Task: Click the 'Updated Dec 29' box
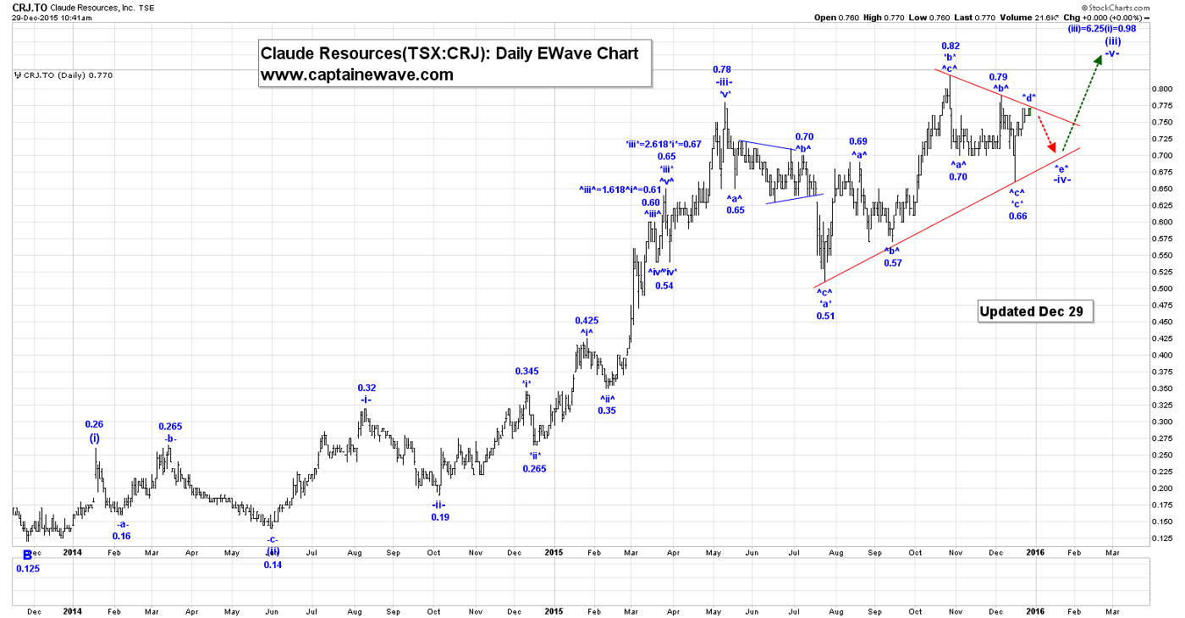1035,312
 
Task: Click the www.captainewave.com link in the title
356,74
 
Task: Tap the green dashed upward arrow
1083,102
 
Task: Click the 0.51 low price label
825,316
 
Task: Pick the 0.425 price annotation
587,321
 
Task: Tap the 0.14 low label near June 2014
272,565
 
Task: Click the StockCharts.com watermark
1144,8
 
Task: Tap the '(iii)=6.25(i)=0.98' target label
1100,28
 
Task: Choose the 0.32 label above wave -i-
367,388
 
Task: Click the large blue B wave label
27,555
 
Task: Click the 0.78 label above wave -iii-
722,69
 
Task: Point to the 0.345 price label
526,371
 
